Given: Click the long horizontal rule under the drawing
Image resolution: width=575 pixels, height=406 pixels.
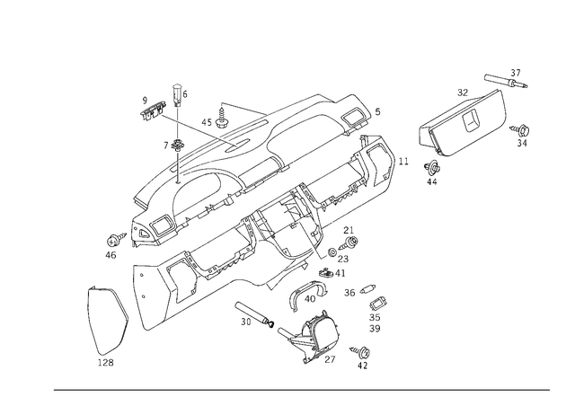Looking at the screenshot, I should (301, 389).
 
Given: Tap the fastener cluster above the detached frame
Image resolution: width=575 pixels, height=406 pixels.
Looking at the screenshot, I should (505, 84).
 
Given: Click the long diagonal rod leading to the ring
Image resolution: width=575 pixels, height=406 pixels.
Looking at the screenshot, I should (270, 322).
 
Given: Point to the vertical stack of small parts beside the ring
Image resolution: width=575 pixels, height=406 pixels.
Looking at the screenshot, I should (376, 310).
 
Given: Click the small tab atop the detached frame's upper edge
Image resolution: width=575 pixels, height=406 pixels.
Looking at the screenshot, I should (463, 93).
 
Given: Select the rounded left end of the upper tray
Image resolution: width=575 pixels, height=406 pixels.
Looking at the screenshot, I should (139, 207).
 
